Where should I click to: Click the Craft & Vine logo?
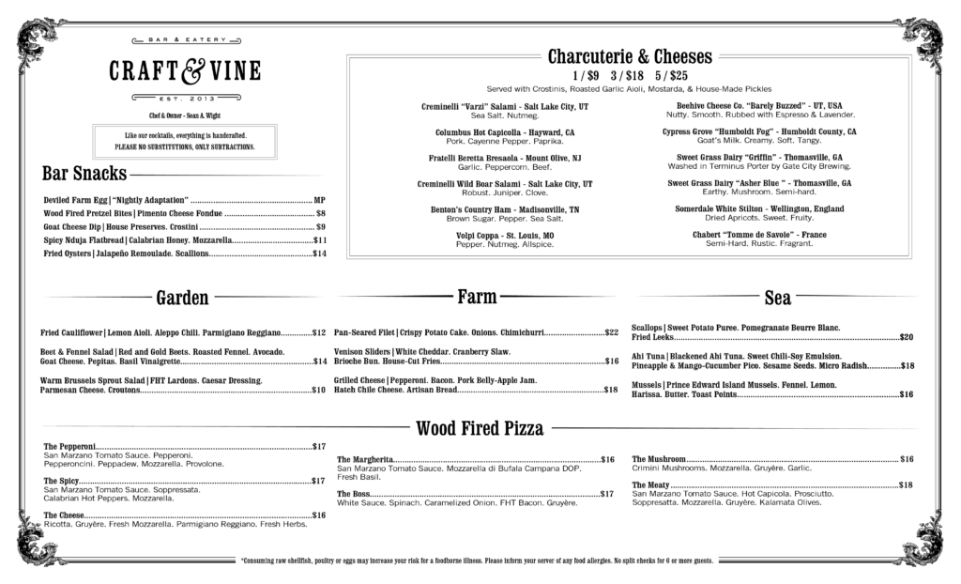pos(184,70)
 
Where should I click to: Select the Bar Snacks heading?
pos(84,174)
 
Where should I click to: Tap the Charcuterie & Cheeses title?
pos(629,56)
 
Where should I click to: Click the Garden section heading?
pos(182,298)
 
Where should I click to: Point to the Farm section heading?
pos(477,298)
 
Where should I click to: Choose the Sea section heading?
pos(778,299)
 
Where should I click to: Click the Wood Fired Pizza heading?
pos(480,429)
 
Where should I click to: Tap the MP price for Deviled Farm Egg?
pos(319,201)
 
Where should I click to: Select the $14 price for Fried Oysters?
pos(319,254)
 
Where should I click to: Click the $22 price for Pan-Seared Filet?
pos(611,332)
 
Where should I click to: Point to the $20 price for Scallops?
pos(907,336)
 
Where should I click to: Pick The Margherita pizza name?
pos(366,459)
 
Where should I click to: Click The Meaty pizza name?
pos(653,484)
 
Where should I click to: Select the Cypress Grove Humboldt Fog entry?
pos(759,132)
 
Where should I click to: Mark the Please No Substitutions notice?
pos(184,147)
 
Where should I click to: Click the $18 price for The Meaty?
pos(906,484)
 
